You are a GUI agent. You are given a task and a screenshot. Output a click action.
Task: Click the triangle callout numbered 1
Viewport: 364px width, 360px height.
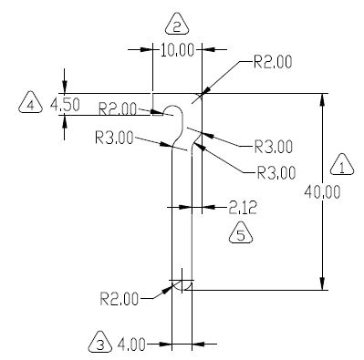tap(342, 165)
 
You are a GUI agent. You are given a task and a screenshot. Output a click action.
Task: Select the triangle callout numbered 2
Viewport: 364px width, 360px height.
tap(177, 24)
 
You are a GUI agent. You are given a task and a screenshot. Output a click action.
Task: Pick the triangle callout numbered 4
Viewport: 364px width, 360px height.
tap(30, 102)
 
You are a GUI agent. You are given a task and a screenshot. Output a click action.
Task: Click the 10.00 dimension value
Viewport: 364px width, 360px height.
tap(177, 50)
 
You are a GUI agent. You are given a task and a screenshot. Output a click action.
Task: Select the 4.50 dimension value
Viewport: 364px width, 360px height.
tap(65, 105)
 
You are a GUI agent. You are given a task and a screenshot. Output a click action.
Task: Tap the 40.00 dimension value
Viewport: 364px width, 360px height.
tap(322, 192)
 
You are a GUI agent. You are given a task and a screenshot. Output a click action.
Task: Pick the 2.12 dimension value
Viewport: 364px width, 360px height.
tap(243, 208)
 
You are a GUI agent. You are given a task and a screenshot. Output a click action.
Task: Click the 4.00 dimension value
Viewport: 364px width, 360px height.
tap(131, 345)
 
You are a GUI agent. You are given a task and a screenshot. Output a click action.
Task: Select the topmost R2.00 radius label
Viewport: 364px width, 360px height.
tap(273, 62)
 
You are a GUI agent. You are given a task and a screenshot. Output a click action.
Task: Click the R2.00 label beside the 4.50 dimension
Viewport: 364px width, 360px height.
tap(118, 108)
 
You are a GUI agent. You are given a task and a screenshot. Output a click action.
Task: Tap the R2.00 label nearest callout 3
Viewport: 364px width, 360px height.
tap(120, 299)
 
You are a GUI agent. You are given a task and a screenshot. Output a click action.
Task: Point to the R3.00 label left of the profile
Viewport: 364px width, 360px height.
tap(114, 139)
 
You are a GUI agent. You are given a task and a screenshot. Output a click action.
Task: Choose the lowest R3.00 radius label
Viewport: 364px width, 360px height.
tap(276, 173)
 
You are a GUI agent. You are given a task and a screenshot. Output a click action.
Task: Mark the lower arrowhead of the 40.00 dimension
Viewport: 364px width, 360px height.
tap(322, 283)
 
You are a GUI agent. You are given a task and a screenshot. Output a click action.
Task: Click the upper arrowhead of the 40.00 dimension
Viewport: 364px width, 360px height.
tap(322, 100)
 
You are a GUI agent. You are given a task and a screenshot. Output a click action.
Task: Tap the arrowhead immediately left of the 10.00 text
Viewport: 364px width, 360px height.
tap(146, 49)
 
